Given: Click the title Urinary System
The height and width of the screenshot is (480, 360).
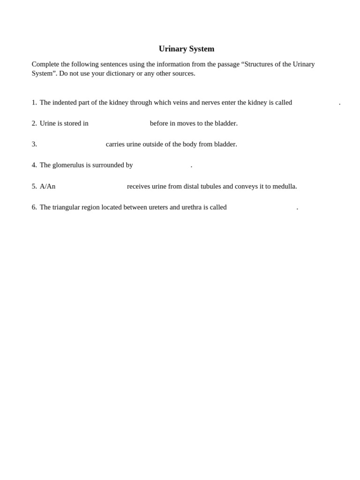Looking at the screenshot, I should coord(186,49).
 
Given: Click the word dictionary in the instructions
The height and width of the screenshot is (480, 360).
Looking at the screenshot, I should coord(120,73).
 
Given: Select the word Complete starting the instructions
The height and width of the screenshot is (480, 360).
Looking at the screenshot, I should coord(45,64).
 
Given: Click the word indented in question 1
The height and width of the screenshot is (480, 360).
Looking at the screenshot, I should coord(65,103).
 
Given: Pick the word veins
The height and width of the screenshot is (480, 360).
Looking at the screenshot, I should coord(180,103).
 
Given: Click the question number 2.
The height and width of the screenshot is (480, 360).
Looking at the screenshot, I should coord(34,123).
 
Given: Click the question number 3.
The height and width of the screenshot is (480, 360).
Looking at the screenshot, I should coord(34,144).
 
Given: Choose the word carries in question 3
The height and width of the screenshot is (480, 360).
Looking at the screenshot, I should coord(115,144).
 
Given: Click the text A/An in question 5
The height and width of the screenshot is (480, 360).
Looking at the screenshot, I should coord(47,187).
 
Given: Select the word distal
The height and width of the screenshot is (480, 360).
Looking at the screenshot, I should coord(191,187).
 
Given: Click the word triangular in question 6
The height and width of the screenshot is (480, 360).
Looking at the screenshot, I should coord(67,207).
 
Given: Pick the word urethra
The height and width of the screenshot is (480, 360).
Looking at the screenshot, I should coord(191,207).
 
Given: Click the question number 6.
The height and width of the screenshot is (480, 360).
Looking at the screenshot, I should coord(34,207).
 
